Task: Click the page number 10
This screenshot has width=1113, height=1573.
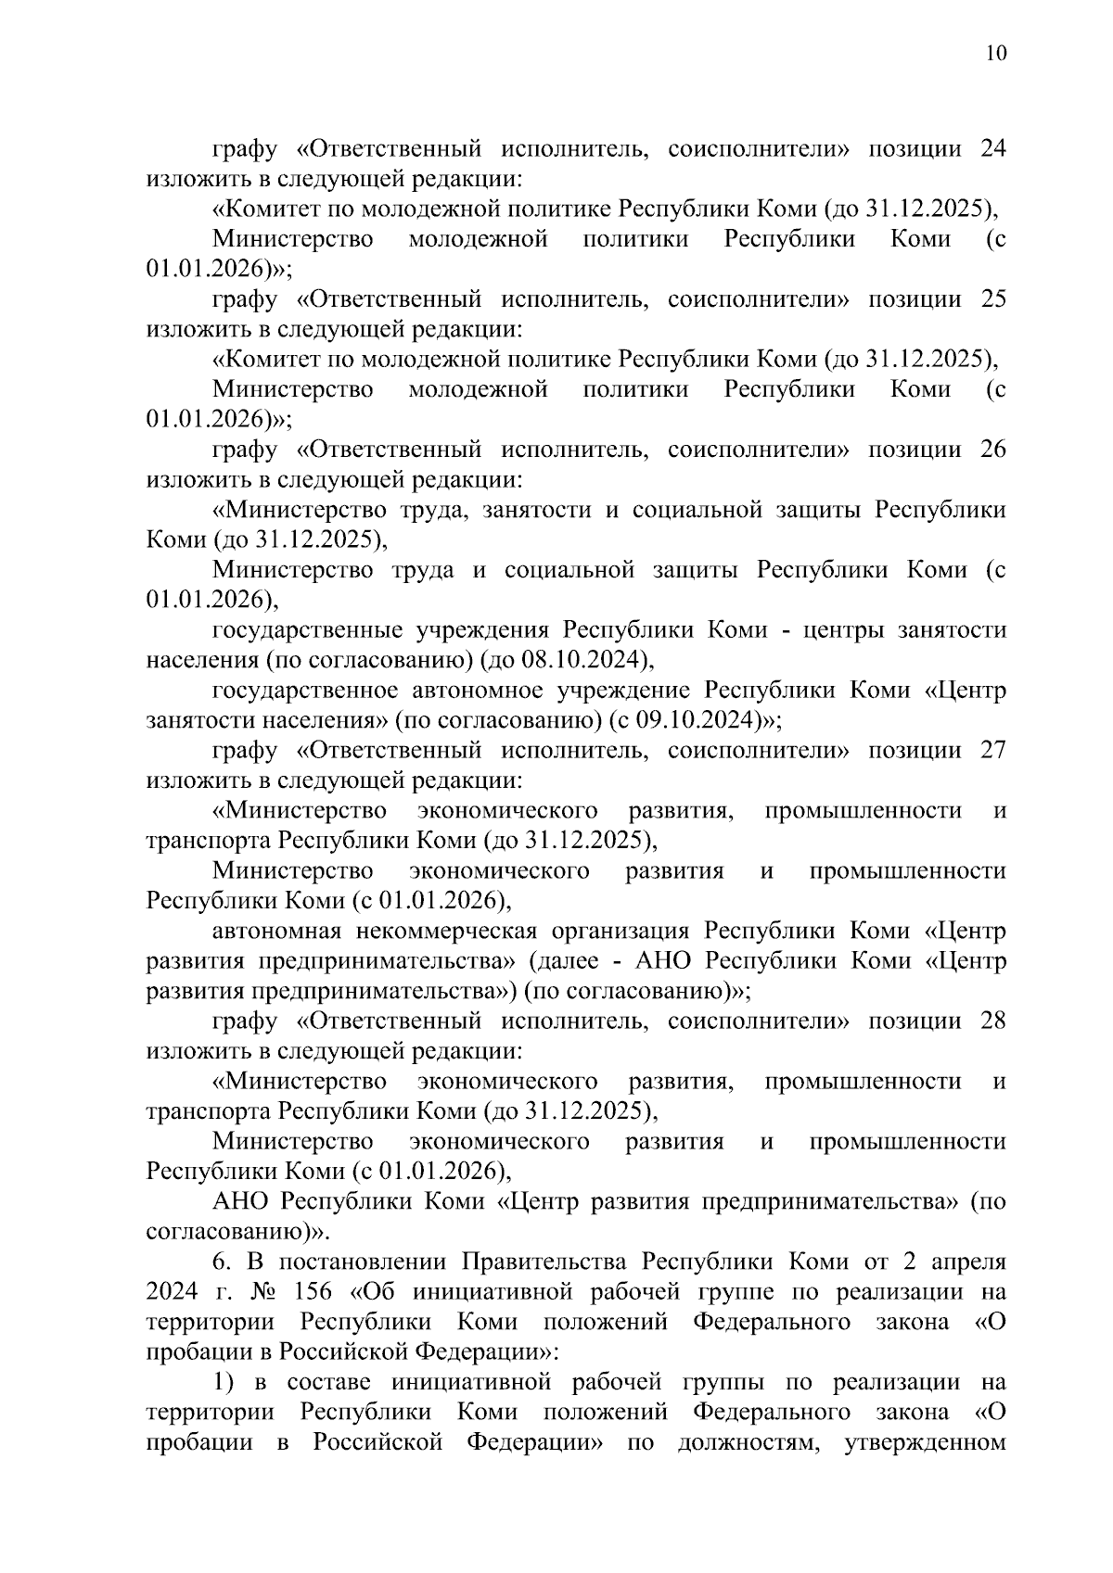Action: click(x=992, y=53)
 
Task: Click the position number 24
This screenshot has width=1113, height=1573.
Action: click(x=992, y=149)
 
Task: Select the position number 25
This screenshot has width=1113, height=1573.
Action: click(x=992, y=299)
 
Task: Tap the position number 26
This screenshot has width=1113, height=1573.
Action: click(x=992, y=450)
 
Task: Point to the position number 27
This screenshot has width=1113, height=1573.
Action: click(x=992, y=750)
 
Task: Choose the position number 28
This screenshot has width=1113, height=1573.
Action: click(x=992, y=1021)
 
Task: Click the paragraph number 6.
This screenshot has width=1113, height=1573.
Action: click(x=220, y=1262)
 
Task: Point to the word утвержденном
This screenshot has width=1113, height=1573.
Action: click(x=924, y=1441)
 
